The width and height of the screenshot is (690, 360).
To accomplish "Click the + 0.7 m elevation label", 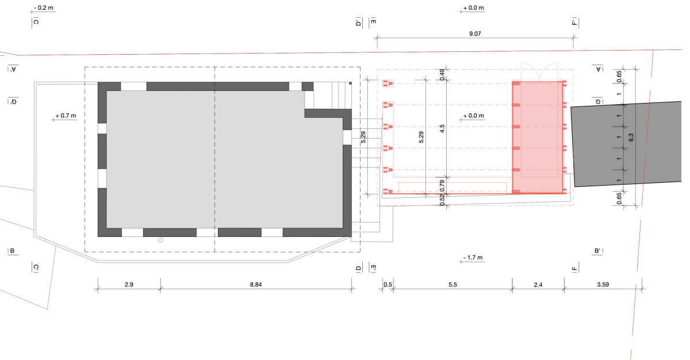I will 66,116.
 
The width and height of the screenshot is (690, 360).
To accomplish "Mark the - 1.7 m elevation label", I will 474,257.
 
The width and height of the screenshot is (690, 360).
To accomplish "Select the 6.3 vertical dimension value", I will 631,137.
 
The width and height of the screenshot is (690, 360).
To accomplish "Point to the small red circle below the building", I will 160,240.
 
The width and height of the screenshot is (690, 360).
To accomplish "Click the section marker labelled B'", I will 598,251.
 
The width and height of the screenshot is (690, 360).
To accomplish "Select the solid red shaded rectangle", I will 537,137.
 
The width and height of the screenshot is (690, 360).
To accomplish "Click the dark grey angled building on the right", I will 627,144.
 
